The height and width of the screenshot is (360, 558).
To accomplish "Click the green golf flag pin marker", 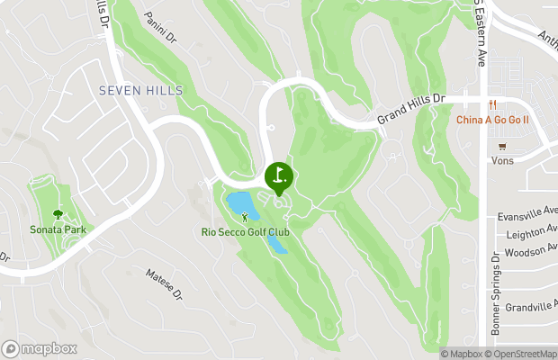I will (278, 175).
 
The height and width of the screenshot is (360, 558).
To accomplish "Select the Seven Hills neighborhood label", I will (139, 90).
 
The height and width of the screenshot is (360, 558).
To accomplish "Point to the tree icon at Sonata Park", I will (58, 214).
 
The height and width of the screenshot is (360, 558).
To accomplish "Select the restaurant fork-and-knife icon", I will (493, 103).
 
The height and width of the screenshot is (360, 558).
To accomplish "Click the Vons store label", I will (501, 160).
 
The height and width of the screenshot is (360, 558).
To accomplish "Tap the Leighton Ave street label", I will (532, 234).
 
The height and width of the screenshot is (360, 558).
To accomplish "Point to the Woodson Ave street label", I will (532, 253).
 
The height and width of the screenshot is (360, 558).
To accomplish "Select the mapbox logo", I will (40, 348).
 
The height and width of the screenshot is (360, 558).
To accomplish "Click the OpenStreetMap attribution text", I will (522, 353).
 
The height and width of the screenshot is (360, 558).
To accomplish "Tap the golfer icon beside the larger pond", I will (244, 217).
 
